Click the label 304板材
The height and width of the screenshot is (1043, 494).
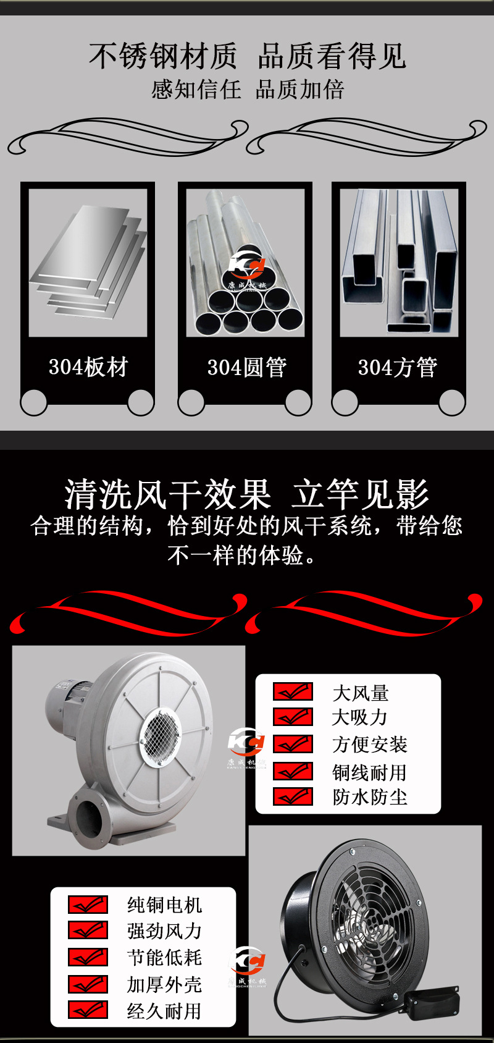(x=88, y=367)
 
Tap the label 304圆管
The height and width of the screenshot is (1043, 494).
(x=246, y=368)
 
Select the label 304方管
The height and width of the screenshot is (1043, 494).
(x=398, y=368)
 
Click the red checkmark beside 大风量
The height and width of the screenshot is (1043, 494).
(x=293, y=691)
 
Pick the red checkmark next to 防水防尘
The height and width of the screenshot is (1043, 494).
(x=293, y=796)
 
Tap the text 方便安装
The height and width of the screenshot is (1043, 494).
(x=369, y=745)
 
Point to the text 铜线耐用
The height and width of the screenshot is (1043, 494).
(x=369, y=772)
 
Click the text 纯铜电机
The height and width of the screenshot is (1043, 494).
(x=164, y=905)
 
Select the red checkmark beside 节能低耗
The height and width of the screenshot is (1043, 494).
(x=88, y=957)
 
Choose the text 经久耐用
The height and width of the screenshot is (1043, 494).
(x=164, y=1011)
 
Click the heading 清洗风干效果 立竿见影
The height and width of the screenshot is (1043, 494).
(x=246, y=494)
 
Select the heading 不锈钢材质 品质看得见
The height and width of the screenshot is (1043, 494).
(x=246, y=56)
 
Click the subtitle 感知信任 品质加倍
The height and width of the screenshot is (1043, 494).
(x=246, y=90)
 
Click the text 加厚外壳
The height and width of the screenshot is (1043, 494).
(x=164, y=984)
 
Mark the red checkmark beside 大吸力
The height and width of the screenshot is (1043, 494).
(x=293, y=717)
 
